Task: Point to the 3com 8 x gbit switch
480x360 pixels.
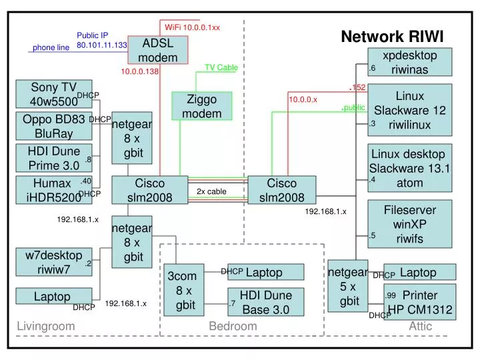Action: (x=185, y=291)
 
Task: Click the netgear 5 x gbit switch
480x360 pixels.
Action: (x=349, y=287)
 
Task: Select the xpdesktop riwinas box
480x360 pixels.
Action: (x=409, y=62)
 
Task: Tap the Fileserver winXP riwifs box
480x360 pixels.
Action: (x=409, y=223)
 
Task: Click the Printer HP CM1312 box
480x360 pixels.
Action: (x=418, y=301)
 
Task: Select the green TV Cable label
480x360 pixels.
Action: (x=221, y=67)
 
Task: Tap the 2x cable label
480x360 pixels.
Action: (x=211, y=192)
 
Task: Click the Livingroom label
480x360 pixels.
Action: (x=45, y=326)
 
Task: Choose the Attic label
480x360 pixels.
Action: (x=421, y=326)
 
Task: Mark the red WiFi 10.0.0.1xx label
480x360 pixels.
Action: (x=192, y=27)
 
